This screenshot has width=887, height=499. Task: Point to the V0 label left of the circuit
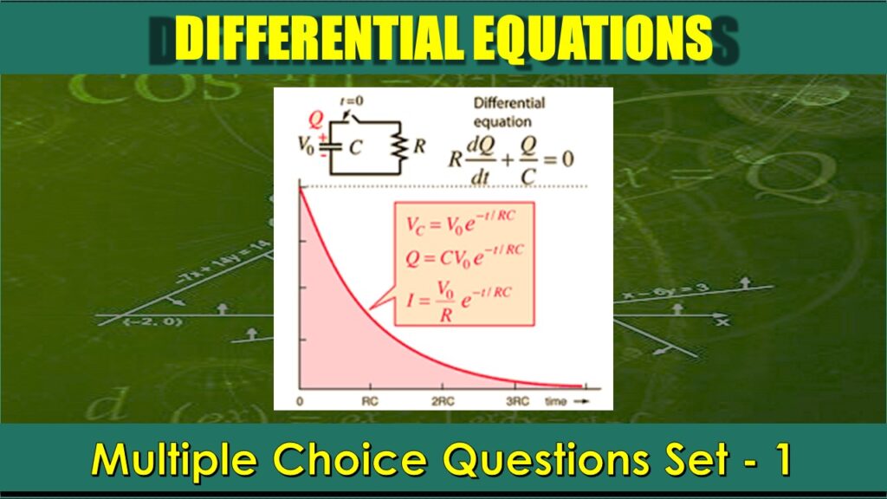[x=307, y=144]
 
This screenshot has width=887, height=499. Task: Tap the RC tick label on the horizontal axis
[x=371, y=401]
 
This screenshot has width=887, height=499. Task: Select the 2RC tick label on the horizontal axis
[x=443, y=401]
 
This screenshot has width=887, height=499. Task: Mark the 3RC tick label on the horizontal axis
[x=517, y=401]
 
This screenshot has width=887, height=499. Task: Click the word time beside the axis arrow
[x=556, y=401]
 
